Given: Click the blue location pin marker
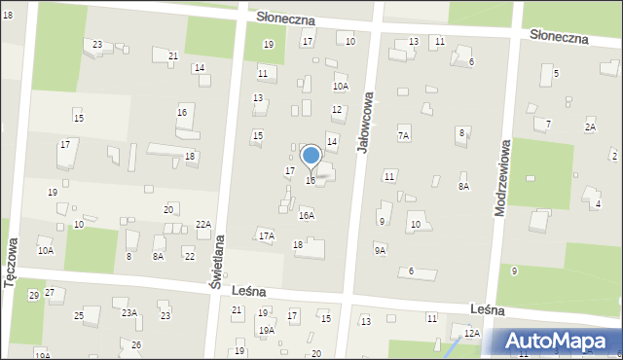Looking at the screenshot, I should coord(311,156).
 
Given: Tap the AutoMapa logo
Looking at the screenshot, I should coord(556,342).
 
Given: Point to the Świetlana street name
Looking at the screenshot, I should coord(218,261).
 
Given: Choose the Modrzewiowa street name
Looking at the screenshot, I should coord(505,180).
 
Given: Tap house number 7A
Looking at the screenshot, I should coord(403,136).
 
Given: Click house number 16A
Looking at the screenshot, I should coord(306,216).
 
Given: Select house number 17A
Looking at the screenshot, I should coord(266,236).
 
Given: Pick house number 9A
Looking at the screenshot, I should coord(380,250).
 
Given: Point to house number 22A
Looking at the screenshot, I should coord(202,225).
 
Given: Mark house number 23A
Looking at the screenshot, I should coord(128,312).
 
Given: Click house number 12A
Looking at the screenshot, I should coord(471,334).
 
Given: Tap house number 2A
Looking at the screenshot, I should coord(590,127).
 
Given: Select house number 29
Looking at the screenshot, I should coord(33,295).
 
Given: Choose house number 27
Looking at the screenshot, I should coord(49,293).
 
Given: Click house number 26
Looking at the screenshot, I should coord(136,345).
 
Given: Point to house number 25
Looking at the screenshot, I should coord(79,316).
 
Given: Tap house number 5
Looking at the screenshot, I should coord(556,73).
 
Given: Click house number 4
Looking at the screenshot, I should coord(598,203).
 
